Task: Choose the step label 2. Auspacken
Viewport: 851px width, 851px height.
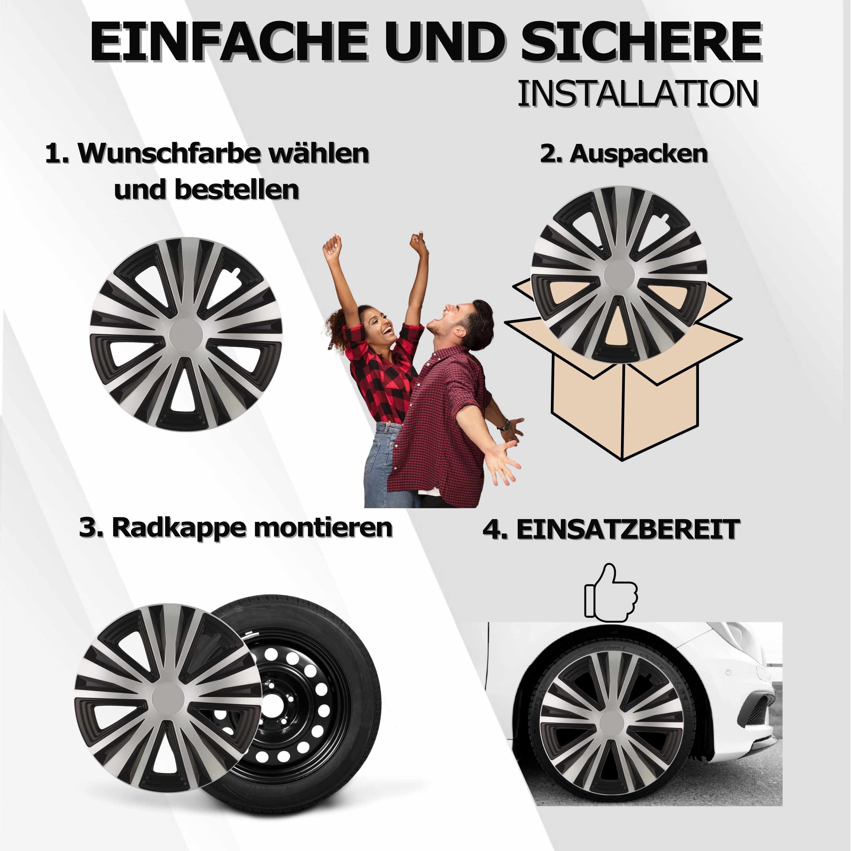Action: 624,154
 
